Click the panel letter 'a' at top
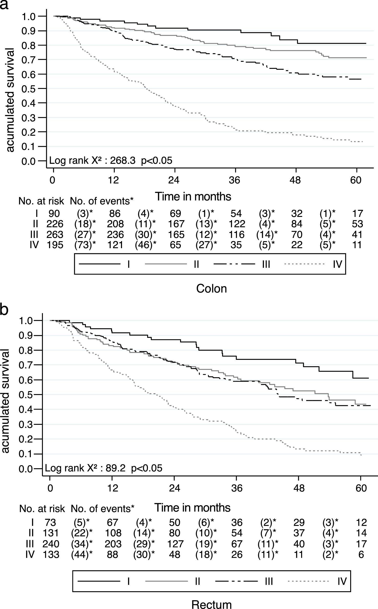(4, 4)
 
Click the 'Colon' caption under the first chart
(212, 288)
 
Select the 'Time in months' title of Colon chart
(193, 197)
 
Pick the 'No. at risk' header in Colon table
(41, 201)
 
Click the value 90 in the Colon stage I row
(54, 214)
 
